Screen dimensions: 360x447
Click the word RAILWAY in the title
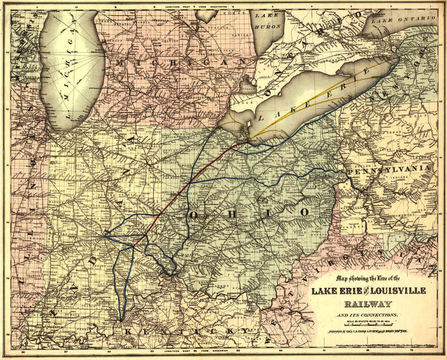coord(368,304)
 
